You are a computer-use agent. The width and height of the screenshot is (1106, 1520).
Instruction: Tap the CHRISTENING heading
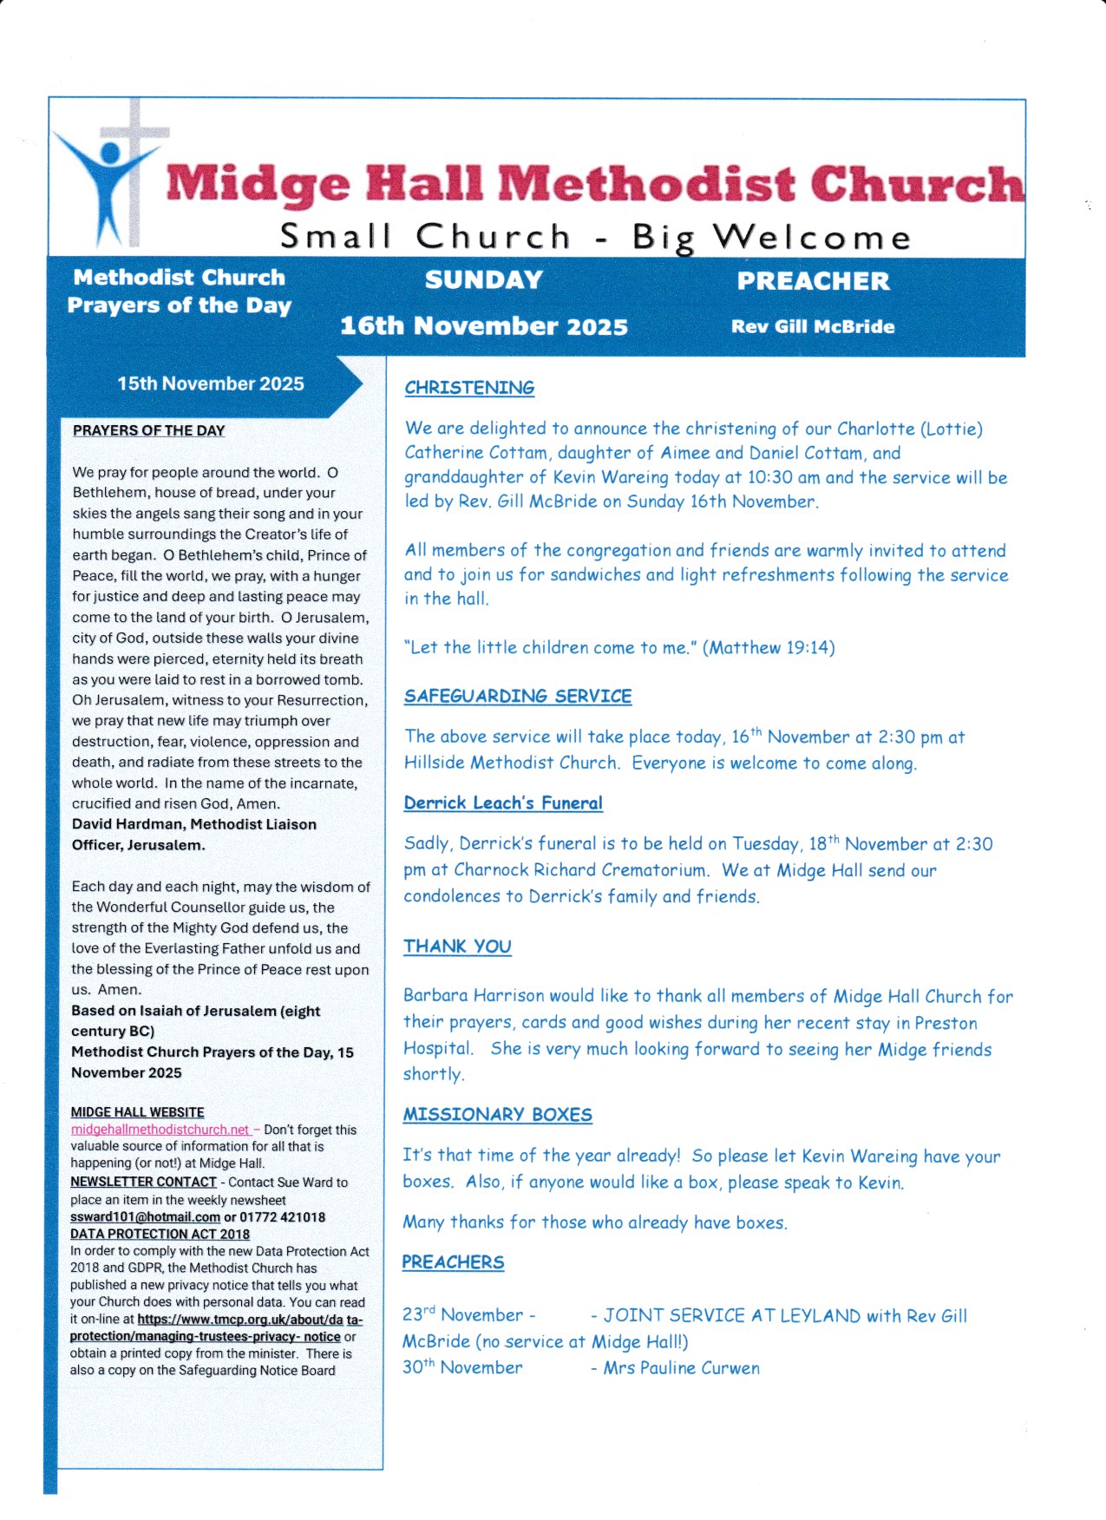[x=469, y=388]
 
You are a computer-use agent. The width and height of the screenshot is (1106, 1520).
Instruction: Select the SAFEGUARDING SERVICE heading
[x=518, y=696]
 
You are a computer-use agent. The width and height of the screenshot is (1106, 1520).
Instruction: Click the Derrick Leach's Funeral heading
[x=503, y=803]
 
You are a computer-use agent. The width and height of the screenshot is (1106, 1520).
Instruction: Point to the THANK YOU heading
[x=457, y=946]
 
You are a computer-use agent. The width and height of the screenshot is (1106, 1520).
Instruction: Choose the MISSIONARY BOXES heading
[x=497, y=1114]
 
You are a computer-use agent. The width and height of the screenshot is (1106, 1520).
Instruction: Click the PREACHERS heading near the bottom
[x=453, y=1261]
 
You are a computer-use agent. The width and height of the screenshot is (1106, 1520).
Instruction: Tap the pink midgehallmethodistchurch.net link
[x=160, y=1130]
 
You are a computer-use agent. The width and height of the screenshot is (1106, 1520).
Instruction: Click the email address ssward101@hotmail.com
[x=145, y=1217]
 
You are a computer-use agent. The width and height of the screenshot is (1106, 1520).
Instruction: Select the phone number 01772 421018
[x=282, y=1217]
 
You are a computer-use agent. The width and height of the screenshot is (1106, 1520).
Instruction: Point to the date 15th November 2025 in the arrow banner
[x=211, y=383]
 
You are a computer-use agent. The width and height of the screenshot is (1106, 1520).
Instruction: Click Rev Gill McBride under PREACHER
[x=813, y=327]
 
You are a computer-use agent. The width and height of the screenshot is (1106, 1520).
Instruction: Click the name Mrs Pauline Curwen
[x=682, y=1368]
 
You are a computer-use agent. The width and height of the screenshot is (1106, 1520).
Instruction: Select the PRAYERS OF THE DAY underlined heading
[x=148, y=430]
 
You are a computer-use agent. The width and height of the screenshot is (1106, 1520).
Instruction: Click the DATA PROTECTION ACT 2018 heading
[x=160, y=1234]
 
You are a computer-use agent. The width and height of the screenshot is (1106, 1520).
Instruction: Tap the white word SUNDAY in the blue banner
[x=484, y=280]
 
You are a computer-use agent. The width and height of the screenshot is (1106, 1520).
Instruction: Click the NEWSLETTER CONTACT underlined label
[x=143, y=1182]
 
